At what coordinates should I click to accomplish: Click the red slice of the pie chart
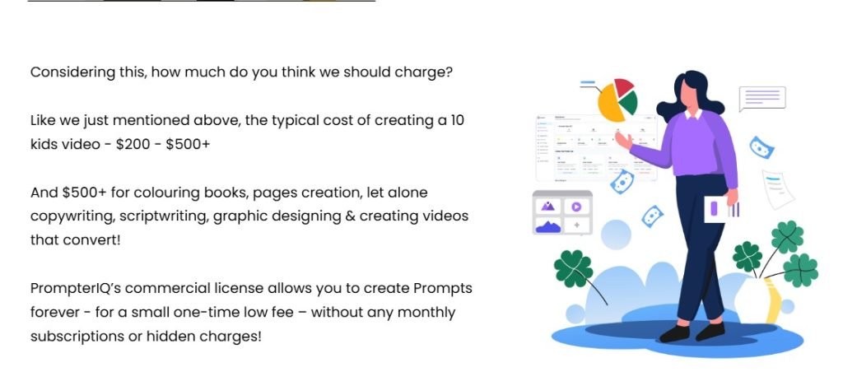click(x=623, y=86)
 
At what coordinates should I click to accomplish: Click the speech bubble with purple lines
click(x=761, y=98)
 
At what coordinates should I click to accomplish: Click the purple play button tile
click(x=576, y=207)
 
